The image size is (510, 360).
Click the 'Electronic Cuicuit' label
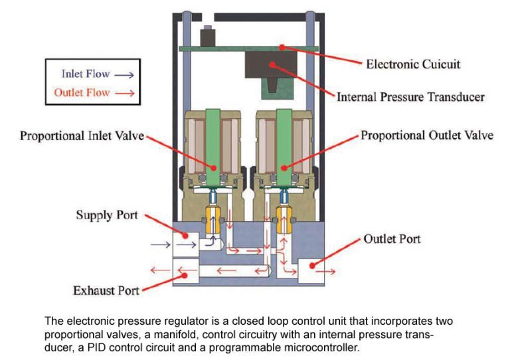click(x=413, y=64)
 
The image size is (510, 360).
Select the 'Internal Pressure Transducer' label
click(x=410, y=97)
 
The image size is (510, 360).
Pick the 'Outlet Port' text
click(x=392, y=238)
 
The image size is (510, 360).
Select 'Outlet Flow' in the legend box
click(x=81, y=92)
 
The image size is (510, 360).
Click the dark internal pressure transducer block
click(x=272, y=65)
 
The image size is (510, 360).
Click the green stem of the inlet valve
click(x=212, y=146)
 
